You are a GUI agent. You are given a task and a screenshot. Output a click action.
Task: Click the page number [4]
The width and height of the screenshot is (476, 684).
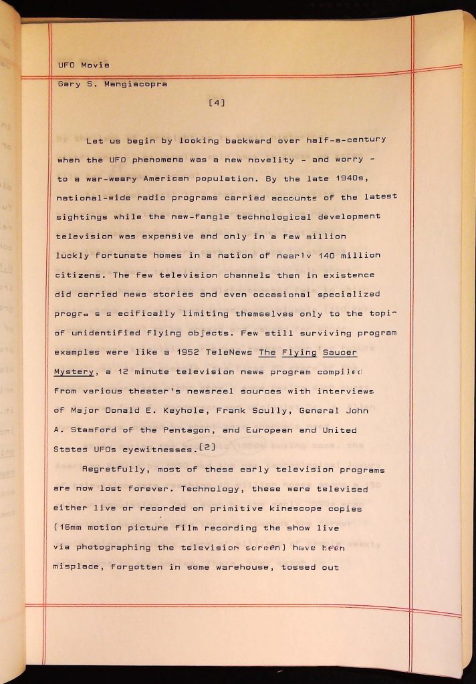click(217, 103)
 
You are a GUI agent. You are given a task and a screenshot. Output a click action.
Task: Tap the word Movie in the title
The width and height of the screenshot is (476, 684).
click(95, 65)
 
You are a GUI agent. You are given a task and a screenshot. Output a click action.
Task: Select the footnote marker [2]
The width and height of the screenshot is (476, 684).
click(207, 446)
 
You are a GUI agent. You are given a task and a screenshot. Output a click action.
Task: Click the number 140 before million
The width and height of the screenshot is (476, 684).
click(325, 255)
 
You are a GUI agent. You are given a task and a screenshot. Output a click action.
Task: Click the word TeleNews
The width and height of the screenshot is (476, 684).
click(230, 351)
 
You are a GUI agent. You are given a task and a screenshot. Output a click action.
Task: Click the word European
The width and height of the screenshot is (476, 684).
click(269, 430)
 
